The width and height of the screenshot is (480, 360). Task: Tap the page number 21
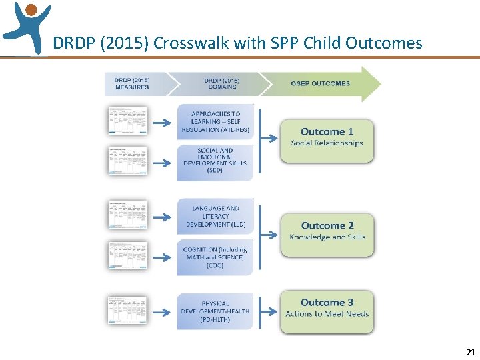tap(470, 351)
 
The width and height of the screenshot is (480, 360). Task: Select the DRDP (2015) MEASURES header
tap(132, 84)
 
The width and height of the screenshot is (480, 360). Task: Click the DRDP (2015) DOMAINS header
tap(221, 84)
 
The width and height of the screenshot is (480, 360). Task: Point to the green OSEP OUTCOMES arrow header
tap(320, 84)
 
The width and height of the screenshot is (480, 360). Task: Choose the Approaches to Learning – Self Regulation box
tap(215, 121)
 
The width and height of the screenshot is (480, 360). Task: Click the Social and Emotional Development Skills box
tap(215, 161)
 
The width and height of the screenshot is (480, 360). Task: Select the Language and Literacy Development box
tap(215, 217)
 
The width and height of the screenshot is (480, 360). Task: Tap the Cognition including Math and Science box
tap(215, 257)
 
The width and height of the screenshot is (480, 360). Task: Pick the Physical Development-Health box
tap(215, 311)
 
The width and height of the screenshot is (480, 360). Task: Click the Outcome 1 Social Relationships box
tap(327, 141)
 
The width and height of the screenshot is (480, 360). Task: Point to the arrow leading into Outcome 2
tap(269, 235)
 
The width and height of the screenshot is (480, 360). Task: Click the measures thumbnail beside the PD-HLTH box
tap(127, 311)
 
